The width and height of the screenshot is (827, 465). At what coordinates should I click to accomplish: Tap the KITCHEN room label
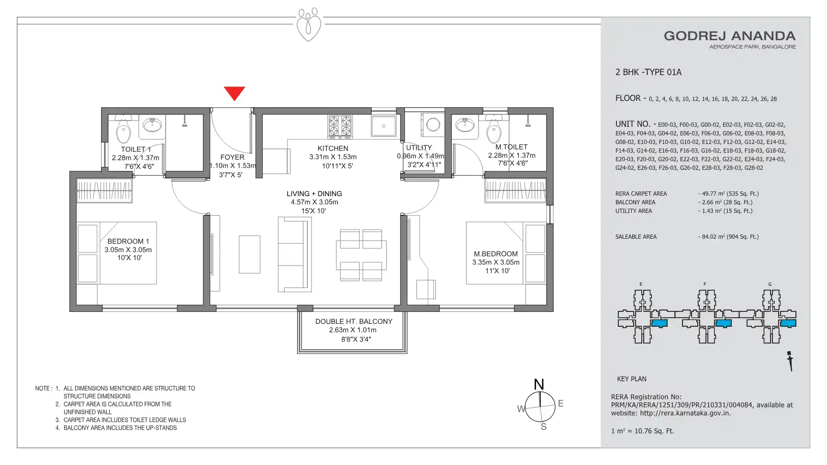click(333, 148)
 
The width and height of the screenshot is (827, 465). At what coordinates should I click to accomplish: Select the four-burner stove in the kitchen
click(340, 126)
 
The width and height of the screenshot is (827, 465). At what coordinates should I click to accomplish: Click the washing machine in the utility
click(433, 125)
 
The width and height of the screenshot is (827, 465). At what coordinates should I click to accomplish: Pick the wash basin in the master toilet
click(465, 124)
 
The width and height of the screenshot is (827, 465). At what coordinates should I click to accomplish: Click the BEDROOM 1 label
click(128, 241)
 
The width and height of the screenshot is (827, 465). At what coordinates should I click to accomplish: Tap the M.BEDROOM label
click(496, 254)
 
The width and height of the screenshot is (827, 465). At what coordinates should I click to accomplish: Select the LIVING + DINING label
click(314, 194)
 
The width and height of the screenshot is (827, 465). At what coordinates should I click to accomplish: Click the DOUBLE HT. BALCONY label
click(354, 321)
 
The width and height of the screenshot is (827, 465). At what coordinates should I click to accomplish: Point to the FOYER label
click(233, 157)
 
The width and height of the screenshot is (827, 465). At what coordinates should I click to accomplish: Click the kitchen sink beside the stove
click(384, 126)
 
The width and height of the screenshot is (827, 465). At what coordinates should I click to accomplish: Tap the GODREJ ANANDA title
click(730, 36)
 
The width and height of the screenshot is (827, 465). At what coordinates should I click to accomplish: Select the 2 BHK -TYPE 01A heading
click(648, 72)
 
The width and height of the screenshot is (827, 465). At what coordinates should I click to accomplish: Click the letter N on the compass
click(539, 384)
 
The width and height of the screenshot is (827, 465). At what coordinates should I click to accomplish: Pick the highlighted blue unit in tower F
click(724, 323)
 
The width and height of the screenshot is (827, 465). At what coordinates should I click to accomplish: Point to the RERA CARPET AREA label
click(641, 194)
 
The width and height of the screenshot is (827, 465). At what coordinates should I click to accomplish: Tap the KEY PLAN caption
click(632, 379)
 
